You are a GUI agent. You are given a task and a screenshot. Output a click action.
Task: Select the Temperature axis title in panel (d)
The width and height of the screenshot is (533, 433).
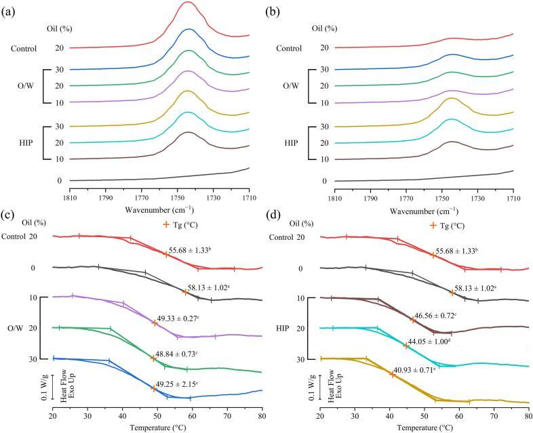[424, 428]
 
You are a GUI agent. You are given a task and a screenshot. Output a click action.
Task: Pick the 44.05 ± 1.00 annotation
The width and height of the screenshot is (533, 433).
[439, 342]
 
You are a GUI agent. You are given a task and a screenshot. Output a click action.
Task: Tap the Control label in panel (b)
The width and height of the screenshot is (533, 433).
[292, 47]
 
